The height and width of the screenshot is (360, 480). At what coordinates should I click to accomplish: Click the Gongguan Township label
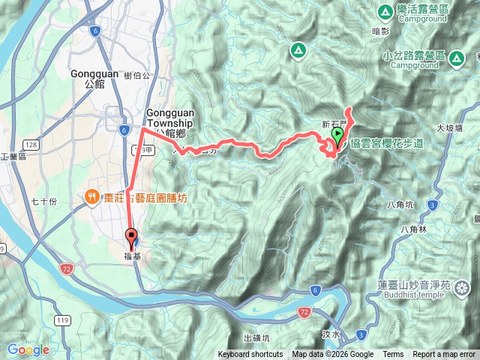coord(170,118)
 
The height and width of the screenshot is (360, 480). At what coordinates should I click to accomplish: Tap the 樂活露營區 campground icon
coord(385,10)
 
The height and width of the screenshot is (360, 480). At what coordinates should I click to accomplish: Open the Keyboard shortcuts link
coord(250,355)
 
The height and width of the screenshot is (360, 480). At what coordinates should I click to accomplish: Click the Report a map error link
coord(443,355)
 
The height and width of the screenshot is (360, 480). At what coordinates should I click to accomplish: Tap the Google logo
coord(28,349)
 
